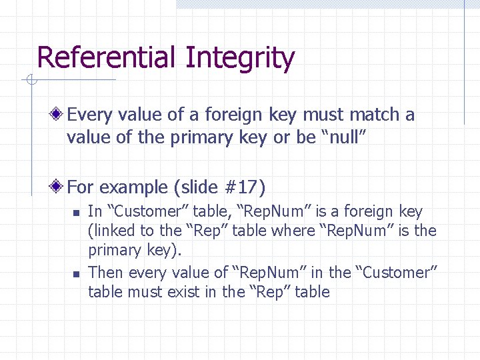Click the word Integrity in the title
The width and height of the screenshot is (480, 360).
[240, 59]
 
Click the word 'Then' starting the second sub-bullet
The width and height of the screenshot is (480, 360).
[106, 273]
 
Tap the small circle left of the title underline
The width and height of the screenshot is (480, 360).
[29, 81]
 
